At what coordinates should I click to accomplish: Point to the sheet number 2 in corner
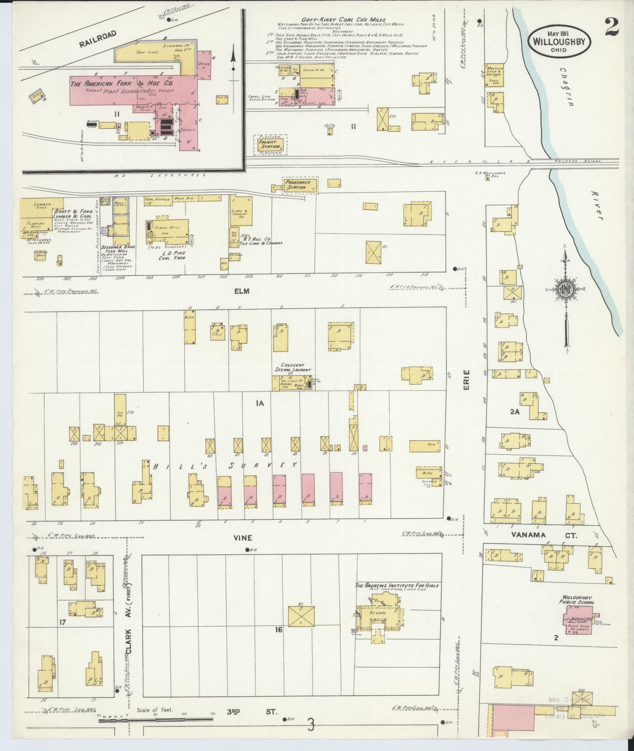(613, 28)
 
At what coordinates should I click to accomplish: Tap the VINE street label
(243, 538)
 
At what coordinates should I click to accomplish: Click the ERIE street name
(467, 382)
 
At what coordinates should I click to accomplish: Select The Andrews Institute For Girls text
(396, 596)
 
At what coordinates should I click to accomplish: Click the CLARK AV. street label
(128, 643)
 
